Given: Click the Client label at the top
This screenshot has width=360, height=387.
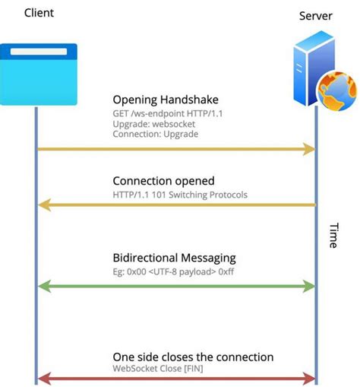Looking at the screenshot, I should click(39, 13).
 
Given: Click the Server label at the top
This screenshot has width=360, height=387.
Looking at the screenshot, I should click(315, 16).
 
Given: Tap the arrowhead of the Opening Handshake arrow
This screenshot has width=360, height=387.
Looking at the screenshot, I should click(309, 149).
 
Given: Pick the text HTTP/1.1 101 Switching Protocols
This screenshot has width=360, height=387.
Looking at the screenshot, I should click(180, 194).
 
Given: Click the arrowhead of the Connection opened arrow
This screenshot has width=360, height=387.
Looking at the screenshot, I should click(43, 205).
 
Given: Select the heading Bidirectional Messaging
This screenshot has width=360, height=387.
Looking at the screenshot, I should click(174, 258).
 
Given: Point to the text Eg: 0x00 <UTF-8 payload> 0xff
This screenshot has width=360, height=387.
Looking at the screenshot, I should click(175, 270).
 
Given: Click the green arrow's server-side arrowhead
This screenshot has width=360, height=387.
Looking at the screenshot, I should click(309, 286).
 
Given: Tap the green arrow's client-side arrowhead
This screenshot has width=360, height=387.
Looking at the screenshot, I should click(43, 286).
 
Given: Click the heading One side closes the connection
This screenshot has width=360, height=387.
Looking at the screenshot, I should click(193, 357).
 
